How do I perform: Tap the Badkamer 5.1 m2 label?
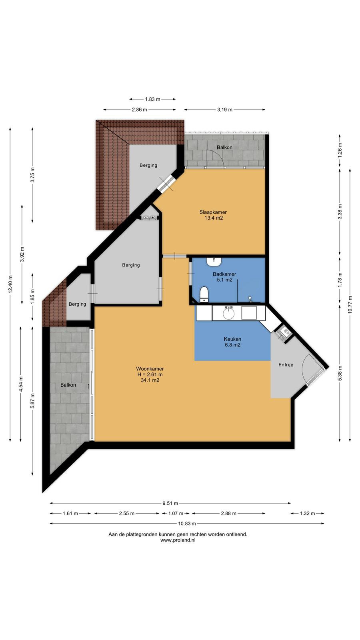(x=224, y=277)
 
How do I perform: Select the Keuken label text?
(x=232, y=339)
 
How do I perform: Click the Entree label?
(x=286, y=364)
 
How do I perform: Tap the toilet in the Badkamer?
(x=204, y=294)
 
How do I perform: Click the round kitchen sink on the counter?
(x=228, y=313)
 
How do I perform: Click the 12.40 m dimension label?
(x=10, y=284)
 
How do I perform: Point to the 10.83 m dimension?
(x=187, y=524)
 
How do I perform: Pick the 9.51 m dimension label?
(x=170, y=503)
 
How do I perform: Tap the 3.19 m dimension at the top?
(x=224, y=110)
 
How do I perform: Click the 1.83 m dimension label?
(x=152, y=99)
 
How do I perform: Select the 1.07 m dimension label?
(x=176, y=514)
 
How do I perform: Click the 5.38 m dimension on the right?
(x=340, y=373)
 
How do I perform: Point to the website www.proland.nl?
(x=178, y=540)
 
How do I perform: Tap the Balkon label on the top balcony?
(x=224, y=148)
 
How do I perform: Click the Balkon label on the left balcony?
(x=68, y=385)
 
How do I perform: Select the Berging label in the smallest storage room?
(x=77, y=304)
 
